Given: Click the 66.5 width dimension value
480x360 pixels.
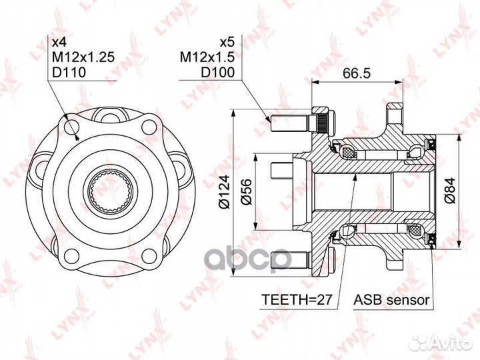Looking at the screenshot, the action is pos(356,73).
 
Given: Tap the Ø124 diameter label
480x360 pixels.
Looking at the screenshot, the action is pos(225,191).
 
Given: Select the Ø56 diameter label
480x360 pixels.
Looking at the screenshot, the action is pos(246,191).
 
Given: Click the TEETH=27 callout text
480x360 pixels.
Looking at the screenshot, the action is pos(297,299).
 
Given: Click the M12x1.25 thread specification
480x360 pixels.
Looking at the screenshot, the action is pos(83,57).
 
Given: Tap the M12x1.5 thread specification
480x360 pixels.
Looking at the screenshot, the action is pos(207,57).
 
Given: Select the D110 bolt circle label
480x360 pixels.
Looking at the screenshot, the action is pos(69,72).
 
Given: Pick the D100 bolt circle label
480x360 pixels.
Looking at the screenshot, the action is pos(217,72).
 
